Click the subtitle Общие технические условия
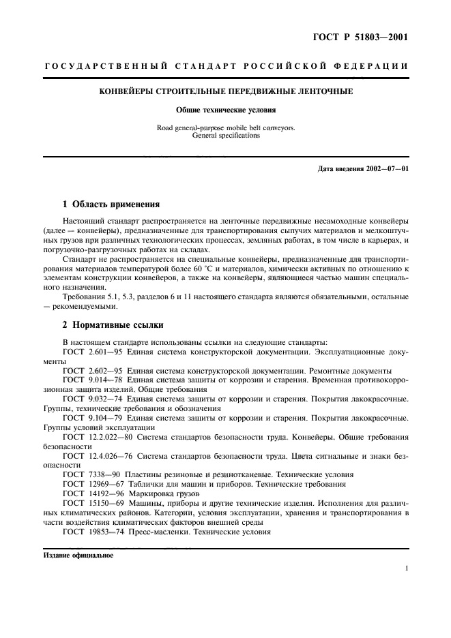coord(226,109)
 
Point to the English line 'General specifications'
coord(226,136)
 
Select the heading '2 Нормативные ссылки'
coord(112,324)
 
